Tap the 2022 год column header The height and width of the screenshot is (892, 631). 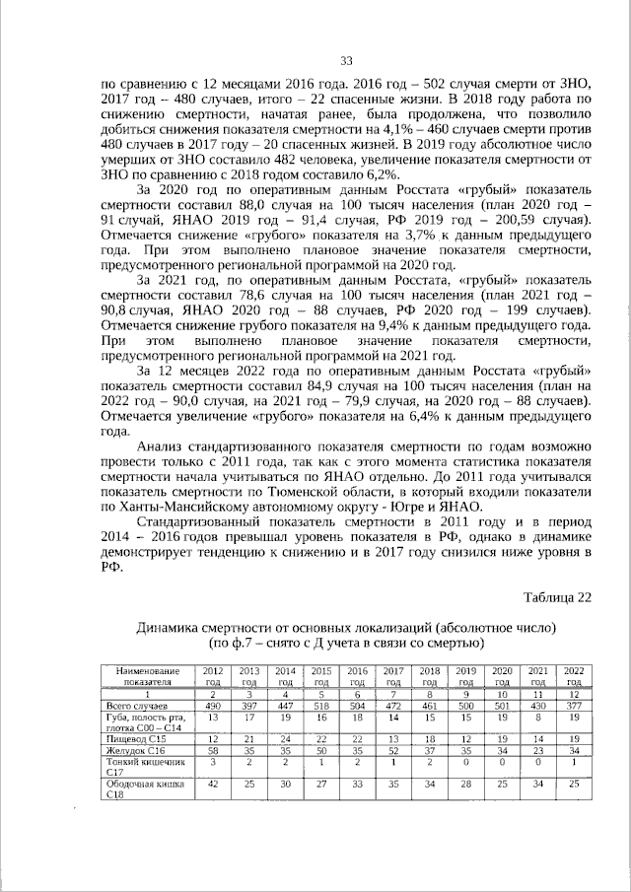[x=573, y=675]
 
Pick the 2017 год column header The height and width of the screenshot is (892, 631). [x=392, y=675]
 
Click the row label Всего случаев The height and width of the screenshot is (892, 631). [x=139, y=708]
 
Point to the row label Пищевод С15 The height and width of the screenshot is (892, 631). [x=136, y=737]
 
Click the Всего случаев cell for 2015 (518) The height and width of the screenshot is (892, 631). [x=320, y=708]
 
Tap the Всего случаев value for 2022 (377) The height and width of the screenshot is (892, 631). [x=573, y=708]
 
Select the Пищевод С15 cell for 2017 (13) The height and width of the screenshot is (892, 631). [x=392, y=737]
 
